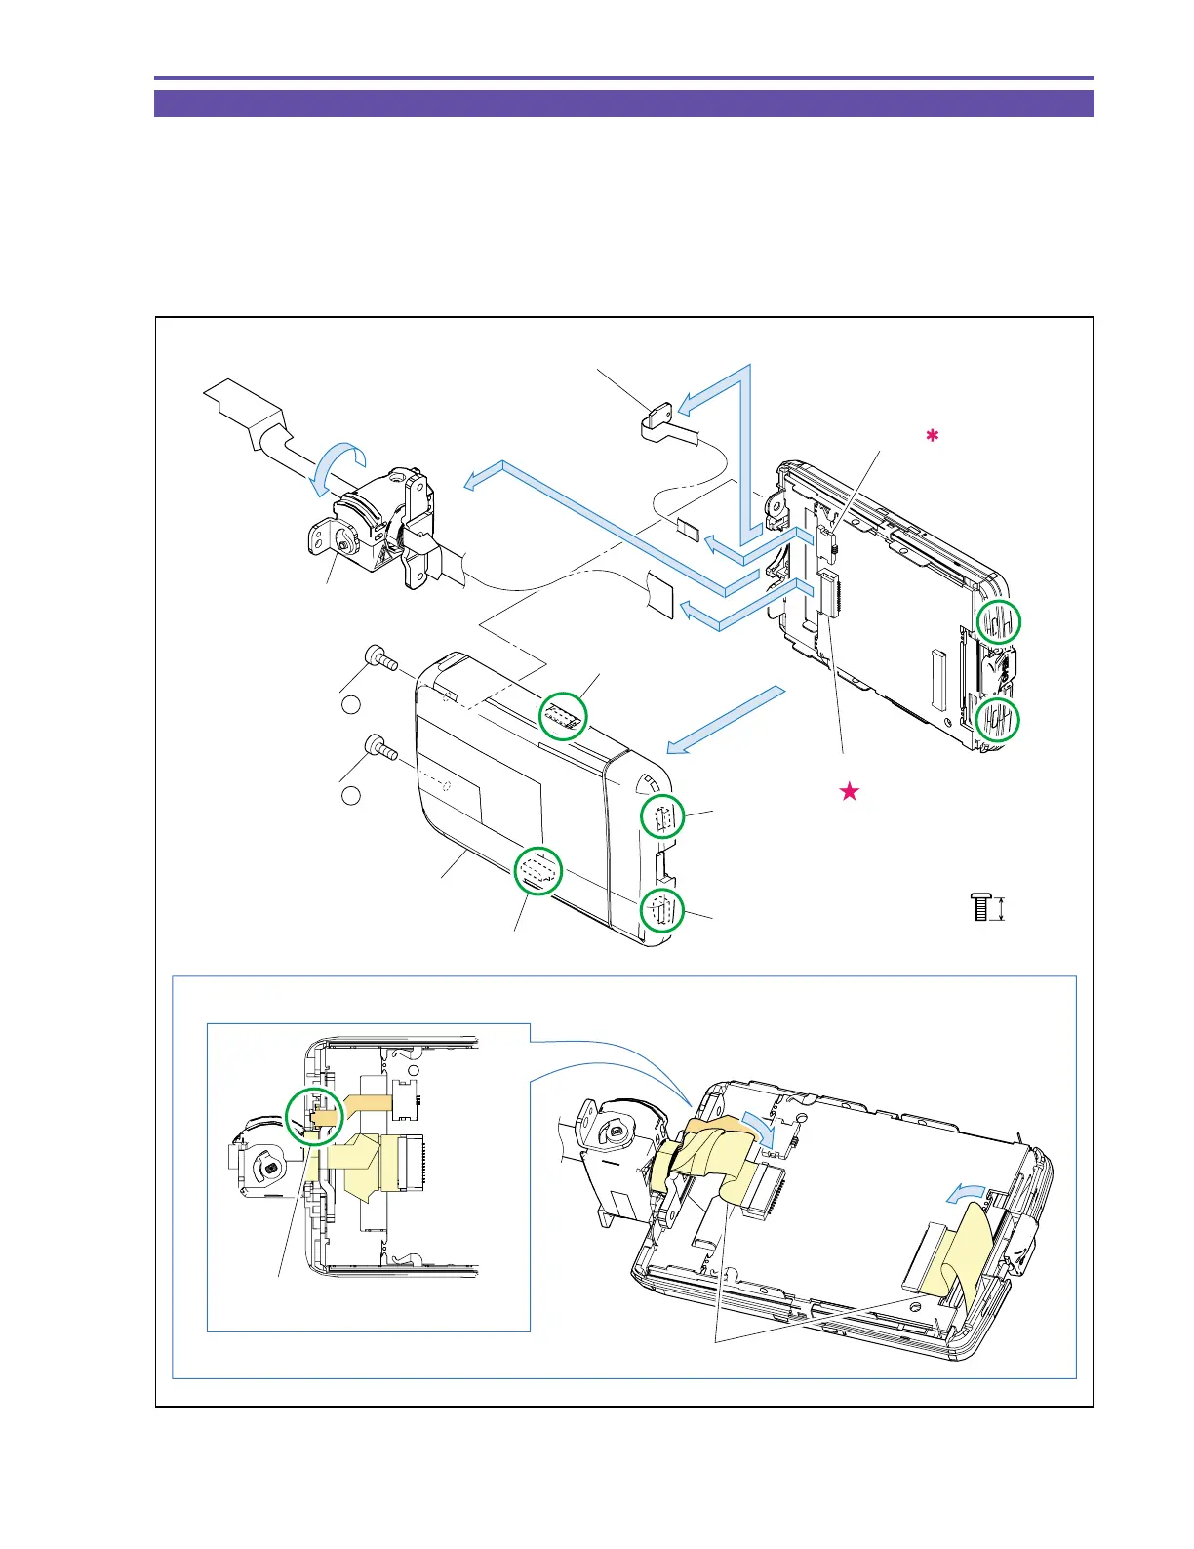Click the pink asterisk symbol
(932, 437)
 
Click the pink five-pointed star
(850, 792)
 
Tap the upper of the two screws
(379, 659)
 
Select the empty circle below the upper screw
(352, 705)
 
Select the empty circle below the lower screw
(352, 795)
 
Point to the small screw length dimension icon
(988, 908)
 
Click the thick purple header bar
(623, 103)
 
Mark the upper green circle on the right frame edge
(999, 620)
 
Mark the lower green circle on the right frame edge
(999, 720)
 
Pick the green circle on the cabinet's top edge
(566, 717)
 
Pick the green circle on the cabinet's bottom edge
(537, 870)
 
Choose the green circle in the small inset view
(314, 1116)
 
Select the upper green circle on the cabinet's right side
(662, 817)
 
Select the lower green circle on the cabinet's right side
(662, 912)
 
